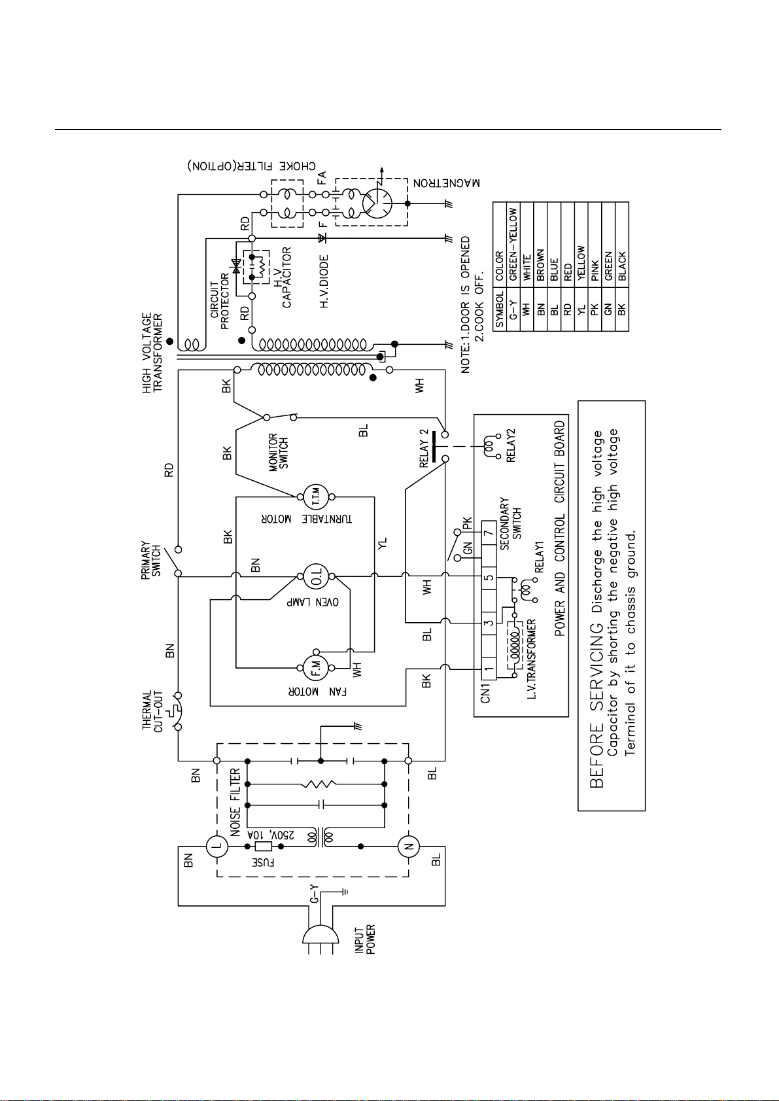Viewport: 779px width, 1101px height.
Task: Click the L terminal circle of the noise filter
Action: [216, 847]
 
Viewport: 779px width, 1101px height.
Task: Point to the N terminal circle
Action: [408, 847]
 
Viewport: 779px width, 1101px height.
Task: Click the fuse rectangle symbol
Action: [264, 847]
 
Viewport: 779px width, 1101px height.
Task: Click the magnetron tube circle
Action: [377, 203]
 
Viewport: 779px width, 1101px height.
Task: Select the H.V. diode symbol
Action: [322, 238]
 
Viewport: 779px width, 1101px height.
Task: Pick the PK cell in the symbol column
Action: [595, 310]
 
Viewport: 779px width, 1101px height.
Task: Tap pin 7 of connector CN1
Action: [488, 533]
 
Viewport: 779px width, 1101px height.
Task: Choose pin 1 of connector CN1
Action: [488, 669]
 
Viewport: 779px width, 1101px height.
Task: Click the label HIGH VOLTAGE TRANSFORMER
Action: [152, 353]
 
